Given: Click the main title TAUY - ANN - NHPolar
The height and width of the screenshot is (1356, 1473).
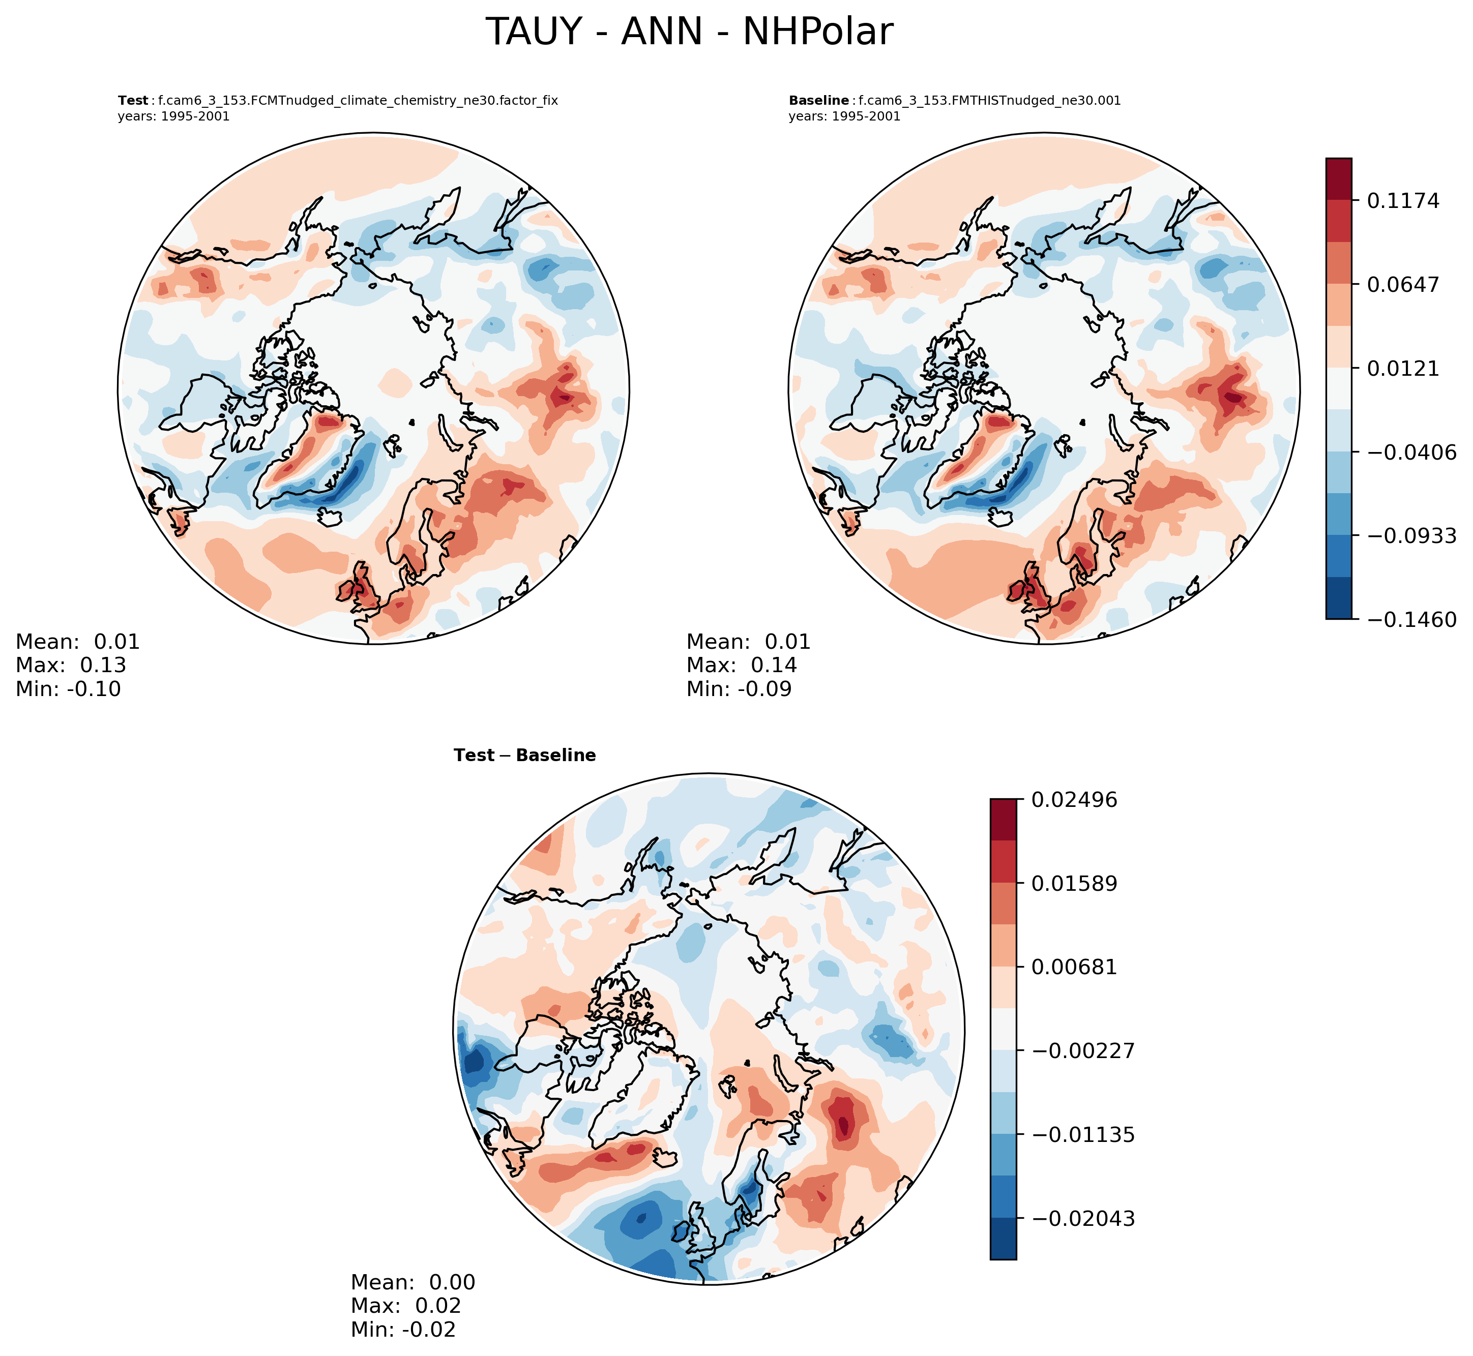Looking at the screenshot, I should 689,33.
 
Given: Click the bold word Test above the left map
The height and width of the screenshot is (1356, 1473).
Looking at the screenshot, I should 133,101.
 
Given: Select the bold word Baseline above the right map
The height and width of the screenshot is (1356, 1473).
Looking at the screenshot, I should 818,101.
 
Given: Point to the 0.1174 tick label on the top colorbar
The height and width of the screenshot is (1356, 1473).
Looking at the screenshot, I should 1402,200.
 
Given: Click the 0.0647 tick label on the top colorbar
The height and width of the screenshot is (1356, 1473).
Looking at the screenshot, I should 1402,284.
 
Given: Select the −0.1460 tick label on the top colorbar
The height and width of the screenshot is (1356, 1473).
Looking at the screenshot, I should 1410,620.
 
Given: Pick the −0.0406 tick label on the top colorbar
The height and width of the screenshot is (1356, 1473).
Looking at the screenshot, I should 1410,452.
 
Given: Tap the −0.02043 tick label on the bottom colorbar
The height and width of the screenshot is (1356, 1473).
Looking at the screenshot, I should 1082,1219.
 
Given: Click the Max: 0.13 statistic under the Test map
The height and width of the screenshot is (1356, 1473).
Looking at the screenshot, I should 71,666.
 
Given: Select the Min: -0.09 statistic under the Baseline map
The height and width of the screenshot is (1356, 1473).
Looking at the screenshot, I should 739,689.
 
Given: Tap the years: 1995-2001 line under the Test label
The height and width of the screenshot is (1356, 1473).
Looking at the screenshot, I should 173,116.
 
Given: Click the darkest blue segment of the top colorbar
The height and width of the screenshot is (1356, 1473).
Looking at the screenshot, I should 1339,598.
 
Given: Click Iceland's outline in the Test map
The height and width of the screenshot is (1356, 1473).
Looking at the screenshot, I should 330,517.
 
